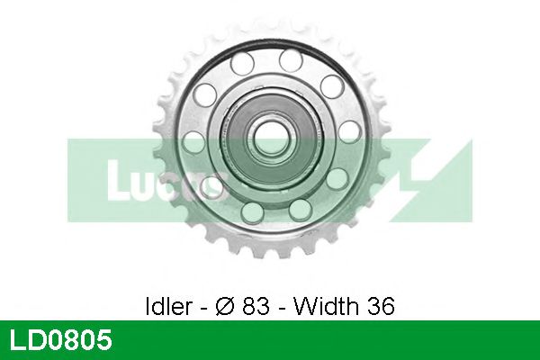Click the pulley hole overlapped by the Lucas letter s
pos(215,186)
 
